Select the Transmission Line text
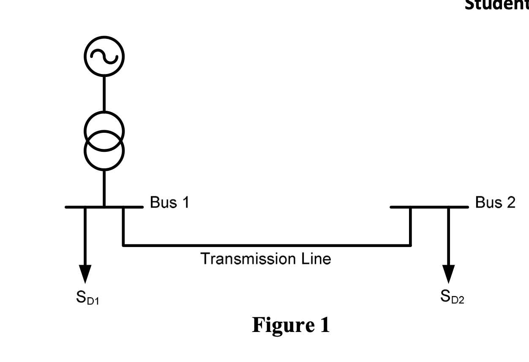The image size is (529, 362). coord(266,258)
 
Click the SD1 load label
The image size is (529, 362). coord(87,299)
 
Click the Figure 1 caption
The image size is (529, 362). coord(291,325)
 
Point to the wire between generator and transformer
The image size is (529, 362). coord(104,93)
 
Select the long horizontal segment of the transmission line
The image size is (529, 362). coord(266,245)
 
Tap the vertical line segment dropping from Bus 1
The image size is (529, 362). coord(123,226)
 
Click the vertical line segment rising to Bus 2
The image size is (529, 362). coord(410,226)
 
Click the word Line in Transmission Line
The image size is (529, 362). coord(316,258)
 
